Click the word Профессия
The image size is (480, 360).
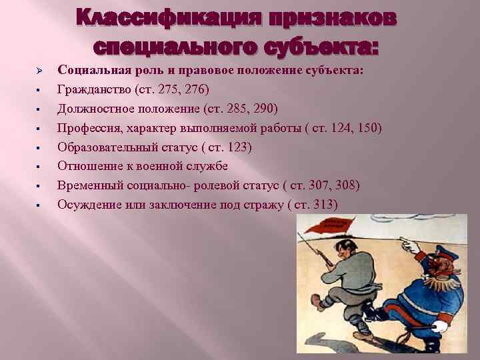87,127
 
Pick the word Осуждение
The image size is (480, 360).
89,205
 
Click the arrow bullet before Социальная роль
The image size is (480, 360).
39,70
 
